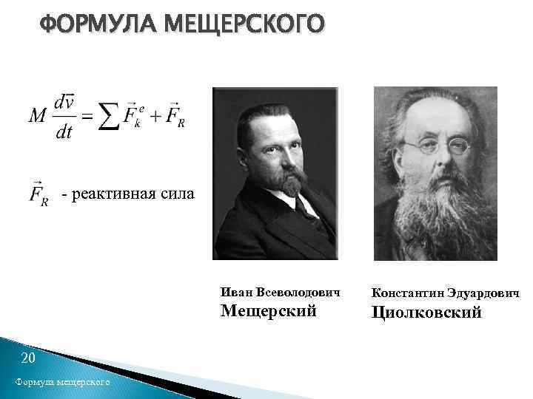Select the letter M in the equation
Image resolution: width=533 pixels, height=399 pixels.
tap(38, 116)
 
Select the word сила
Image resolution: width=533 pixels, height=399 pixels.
tap(178, 194)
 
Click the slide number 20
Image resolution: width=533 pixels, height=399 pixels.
tap(29, 359)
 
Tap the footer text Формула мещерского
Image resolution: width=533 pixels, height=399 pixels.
tap(61, 382)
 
